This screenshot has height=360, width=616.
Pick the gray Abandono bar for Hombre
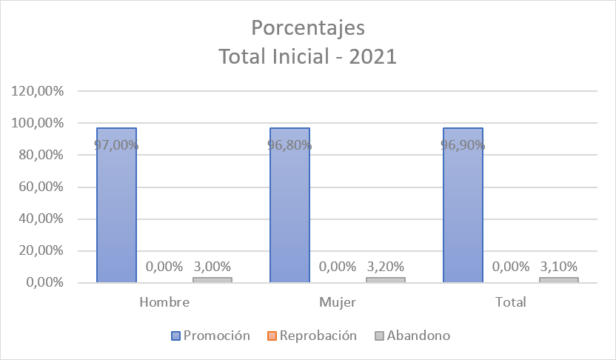[212, 279]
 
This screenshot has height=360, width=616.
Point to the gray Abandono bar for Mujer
[386, 279]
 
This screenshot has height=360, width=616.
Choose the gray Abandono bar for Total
[559, 279]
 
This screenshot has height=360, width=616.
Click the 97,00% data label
[116, 145]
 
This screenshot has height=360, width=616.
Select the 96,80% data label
[289, 145]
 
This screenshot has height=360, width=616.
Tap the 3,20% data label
[386, 266]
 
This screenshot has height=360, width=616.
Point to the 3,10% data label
[559, 266]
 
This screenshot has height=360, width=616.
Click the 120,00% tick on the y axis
[38, 91]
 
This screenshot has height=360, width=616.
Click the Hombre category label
[164, 302]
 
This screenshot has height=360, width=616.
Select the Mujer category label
[338, 302]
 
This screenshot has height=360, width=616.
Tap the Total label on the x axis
[511, 302]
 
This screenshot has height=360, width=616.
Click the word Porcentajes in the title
[308, 29]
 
